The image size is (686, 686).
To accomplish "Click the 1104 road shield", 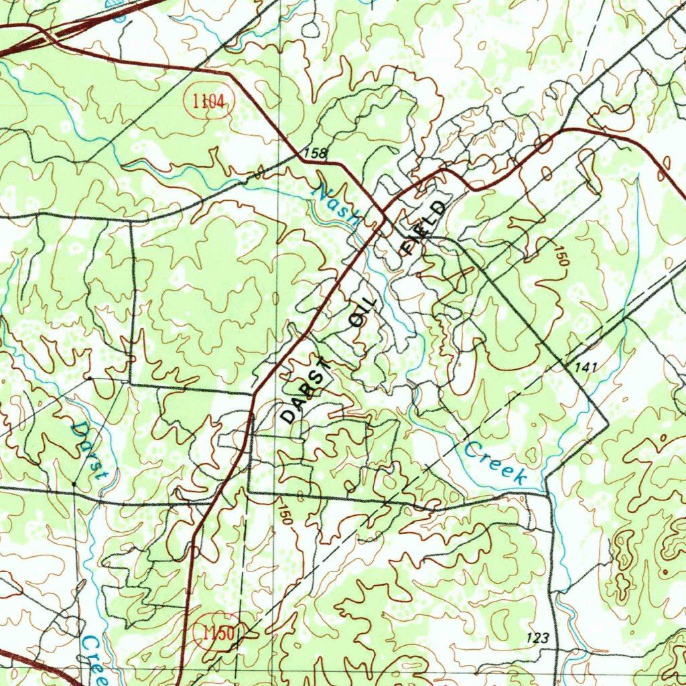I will coord(208,102).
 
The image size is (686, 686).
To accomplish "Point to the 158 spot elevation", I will coord(314,153).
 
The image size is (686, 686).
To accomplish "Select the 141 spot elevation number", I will coord(584,367).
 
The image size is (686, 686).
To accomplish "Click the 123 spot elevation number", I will coord(538,638).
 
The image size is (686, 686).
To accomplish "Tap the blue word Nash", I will coord(339,203).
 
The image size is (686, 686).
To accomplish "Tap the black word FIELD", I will coord(423,228).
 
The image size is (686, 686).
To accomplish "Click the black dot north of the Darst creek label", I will coord(90,379).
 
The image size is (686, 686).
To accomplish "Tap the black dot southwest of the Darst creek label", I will coord(72,482).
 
